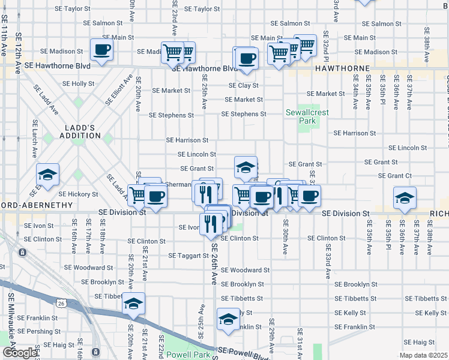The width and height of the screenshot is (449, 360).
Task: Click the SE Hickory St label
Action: (x=79, y=194)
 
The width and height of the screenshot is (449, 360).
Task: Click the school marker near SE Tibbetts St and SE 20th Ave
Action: (x=133, y=304)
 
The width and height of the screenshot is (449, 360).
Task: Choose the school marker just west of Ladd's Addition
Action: (x=47, y=175)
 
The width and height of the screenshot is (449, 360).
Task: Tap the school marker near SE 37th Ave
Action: (x=405, y=197)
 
